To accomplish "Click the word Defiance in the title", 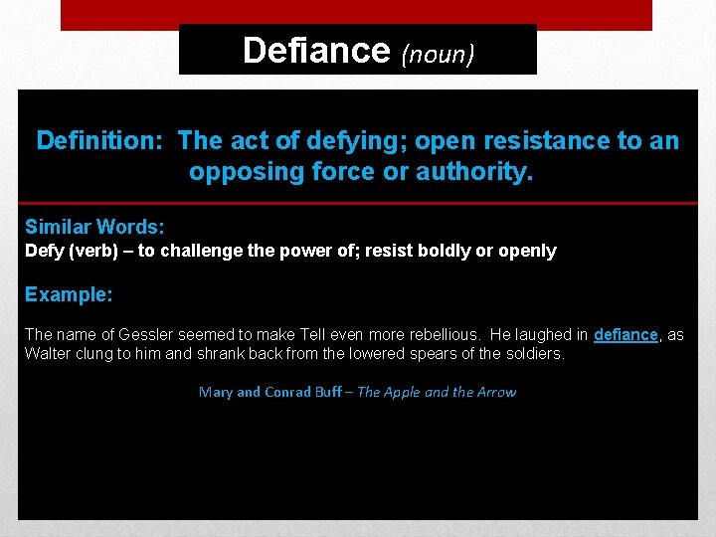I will tap(316, 49).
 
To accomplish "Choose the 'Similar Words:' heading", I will tap(94, 227).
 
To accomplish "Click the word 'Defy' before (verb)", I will tap(43, 251).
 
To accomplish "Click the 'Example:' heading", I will tap(69, 294).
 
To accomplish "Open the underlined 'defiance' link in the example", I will tap(626, 335).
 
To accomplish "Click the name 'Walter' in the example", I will tap(48, 353).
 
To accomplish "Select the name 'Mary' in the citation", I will tap(216, 392).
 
